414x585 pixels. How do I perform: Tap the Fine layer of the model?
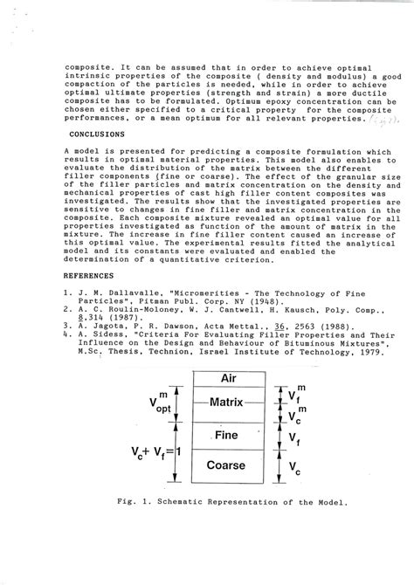(x=225, y=434)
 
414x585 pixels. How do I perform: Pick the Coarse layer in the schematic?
(x=225, y=465)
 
